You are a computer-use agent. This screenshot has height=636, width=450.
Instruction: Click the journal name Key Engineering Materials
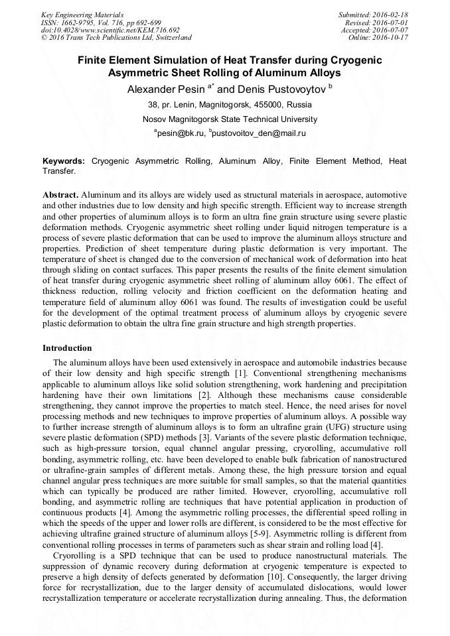pyautogui.click(x=82, y=15)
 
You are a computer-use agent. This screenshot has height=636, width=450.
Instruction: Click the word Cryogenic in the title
pyautogui.click(x=348, y=60)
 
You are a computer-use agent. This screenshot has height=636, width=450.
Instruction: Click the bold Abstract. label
pyautogui.click(x=61, y=196)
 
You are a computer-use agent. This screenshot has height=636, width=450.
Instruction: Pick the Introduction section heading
pyautogui.click(x=67, y=348)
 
